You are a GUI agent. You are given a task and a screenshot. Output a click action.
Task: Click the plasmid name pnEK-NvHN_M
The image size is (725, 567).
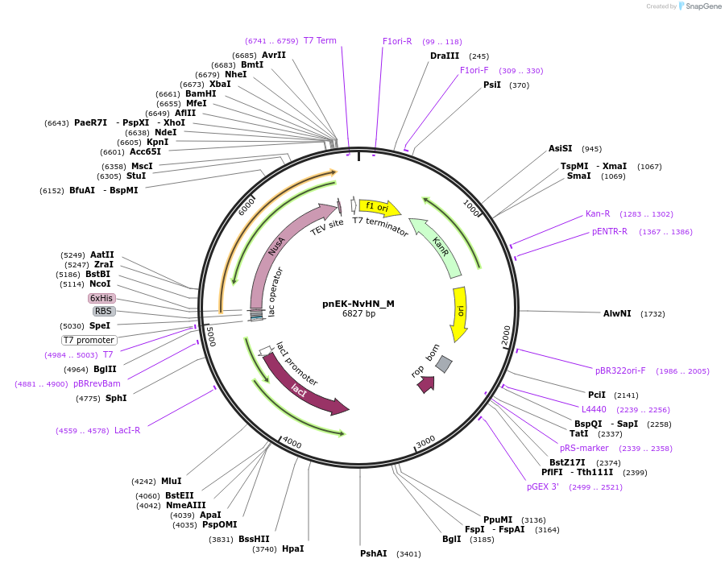point(358,304)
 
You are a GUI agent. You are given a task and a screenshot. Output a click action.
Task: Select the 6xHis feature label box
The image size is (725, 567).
point(101,298)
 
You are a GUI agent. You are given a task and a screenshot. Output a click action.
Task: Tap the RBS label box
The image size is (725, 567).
point(104,311)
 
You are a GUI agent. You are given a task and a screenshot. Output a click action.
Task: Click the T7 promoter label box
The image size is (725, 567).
point(89,340)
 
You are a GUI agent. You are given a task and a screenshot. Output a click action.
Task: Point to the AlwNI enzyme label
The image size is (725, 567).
point(617,313)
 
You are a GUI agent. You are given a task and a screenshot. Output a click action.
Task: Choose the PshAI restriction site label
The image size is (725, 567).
point(374,553)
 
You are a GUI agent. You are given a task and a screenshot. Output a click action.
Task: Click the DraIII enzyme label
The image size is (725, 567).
point(445,56)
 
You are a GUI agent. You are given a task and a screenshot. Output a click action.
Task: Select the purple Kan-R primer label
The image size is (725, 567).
point(598,213)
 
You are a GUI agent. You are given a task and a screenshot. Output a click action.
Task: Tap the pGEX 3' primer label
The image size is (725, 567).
point(543,486)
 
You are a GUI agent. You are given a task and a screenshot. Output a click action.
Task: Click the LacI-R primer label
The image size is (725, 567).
point(127,430)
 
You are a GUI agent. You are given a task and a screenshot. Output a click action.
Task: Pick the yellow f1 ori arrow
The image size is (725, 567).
point(379,207)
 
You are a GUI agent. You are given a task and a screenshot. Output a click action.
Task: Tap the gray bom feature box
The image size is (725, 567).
point(444,364)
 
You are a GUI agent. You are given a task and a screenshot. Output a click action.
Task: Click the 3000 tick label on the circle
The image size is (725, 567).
point(425,441)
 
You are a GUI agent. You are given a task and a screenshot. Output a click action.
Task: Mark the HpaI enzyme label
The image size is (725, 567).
point(293,548)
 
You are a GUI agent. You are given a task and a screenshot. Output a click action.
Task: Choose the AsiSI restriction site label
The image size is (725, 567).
point(560,148)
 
